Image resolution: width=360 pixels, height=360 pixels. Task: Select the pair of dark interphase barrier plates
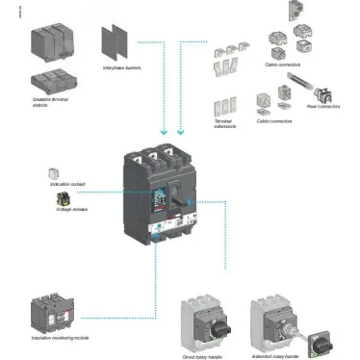115,40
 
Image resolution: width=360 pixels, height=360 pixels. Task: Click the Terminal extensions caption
223,125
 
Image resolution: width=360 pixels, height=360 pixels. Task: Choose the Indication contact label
64,182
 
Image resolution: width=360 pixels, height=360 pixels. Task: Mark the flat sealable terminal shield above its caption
55,82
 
